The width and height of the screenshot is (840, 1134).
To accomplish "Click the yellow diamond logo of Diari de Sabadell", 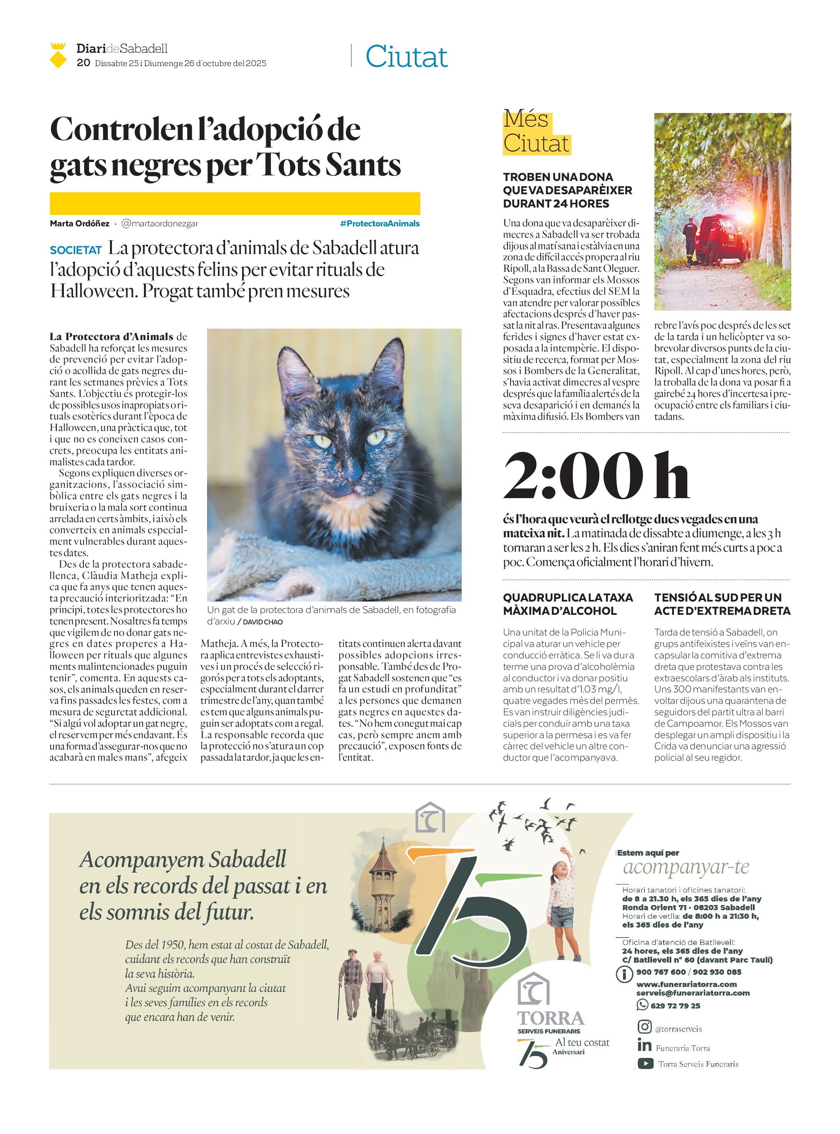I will [x=58, y=56].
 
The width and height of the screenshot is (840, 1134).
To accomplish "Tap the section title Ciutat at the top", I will [x=406, y=56].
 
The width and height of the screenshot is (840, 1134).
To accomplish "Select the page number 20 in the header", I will [x=83, y=62].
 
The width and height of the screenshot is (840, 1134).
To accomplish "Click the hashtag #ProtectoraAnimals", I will [x=379, y=223].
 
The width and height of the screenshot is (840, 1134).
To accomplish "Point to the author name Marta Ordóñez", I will [x=79, y=223].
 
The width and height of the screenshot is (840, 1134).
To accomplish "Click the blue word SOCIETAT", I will [x=76, y=250].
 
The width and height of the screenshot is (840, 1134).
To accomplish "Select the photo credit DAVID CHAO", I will [x=262, y=622].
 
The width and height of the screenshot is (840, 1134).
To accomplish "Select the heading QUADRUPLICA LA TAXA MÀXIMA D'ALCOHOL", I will [x=568, y=604].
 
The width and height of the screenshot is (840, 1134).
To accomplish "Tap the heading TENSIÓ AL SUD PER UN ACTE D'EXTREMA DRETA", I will [x=722, y=604].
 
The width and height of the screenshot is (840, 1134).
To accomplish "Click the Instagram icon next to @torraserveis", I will [x=644, y=1027].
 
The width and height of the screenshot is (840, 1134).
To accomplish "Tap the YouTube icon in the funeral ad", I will [x=645, y=1063].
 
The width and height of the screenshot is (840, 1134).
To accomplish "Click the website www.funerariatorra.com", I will [x=686, y=984].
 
